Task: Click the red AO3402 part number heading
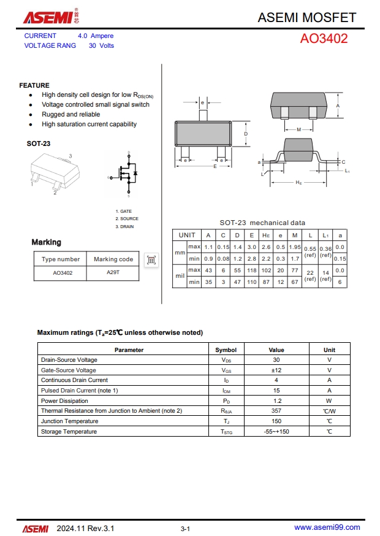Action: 324,39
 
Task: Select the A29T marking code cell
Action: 113,272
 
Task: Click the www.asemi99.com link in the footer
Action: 327,527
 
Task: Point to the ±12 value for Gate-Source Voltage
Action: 276,370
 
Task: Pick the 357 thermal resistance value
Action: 276,411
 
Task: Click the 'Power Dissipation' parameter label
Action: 64,401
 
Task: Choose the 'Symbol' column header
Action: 226,350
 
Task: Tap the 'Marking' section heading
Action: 47,242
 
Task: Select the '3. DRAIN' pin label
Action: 125,227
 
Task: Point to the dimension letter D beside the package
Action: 246,134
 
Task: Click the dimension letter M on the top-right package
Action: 298,129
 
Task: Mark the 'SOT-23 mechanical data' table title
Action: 262,223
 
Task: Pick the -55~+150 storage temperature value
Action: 276,432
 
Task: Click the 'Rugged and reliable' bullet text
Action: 70,115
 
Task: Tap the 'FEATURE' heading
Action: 34,85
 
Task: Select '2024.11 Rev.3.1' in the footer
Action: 85,528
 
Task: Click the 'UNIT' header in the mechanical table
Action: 187,235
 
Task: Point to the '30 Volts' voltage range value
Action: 101,46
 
